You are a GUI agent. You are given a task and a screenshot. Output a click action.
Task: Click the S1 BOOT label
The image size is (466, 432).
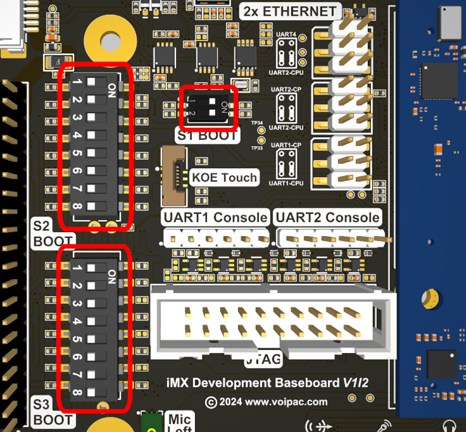point(208,135)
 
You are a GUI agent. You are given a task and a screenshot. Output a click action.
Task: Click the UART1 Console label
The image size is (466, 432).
point(216,218)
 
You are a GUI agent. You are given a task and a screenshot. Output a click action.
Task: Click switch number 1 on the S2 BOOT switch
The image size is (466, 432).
point(93,82)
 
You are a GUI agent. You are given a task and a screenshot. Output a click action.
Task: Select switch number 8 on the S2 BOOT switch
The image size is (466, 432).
point(93,206)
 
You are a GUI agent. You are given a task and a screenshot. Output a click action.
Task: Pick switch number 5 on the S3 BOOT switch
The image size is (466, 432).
point(93,339)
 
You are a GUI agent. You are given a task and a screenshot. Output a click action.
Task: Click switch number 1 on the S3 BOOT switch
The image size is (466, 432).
point(93,268)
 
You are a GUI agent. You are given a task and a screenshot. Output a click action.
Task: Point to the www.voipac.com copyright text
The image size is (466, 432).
point(267,402)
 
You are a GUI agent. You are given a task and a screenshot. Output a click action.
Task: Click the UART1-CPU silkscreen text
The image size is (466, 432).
point(286,183)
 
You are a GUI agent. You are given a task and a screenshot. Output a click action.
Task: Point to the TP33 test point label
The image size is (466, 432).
point(256,148)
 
